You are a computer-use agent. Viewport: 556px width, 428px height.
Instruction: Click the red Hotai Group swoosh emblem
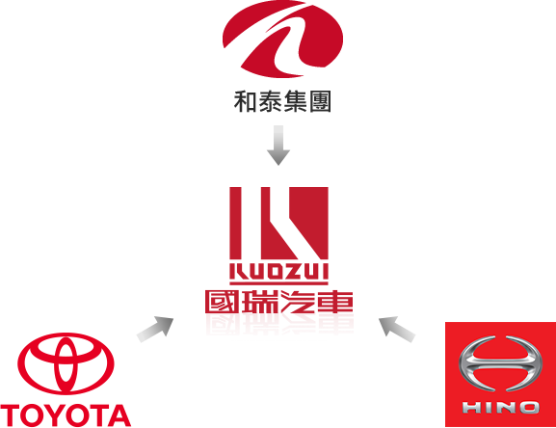point(282,39)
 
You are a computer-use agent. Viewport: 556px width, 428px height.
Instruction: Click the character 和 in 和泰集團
point(245,102)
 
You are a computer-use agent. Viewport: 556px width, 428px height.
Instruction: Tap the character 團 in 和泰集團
point(320,102)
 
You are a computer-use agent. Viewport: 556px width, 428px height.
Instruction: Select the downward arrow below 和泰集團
point(278,145)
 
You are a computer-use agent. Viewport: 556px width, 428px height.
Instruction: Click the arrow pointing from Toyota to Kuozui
point(155,330)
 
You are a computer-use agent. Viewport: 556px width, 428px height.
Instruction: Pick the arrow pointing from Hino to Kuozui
point(397,330)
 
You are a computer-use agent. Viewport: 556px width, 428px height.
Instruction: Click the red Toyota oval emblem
point(66,363)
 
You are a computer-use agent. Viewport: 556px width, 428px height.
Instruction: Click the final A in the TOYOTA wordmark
point(119,415)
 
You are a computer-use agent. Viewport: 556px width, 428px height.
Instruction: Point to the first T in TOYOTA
point(11,415)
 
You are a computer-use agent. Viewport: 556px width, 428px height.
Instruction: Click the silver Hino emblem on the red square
point(500,363)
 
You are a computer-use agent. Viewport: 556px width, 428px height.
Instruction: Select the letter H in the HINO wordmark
point(471,408)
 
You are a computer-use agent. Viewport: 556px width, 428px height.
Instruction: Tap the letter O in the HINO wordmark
point(528,408)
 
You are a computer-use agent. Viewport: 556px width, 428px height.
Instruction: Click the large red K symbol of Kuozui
point(278,223)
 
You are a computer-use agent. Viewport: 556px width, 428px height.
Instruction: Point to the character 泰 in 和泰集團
point(270,102)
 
